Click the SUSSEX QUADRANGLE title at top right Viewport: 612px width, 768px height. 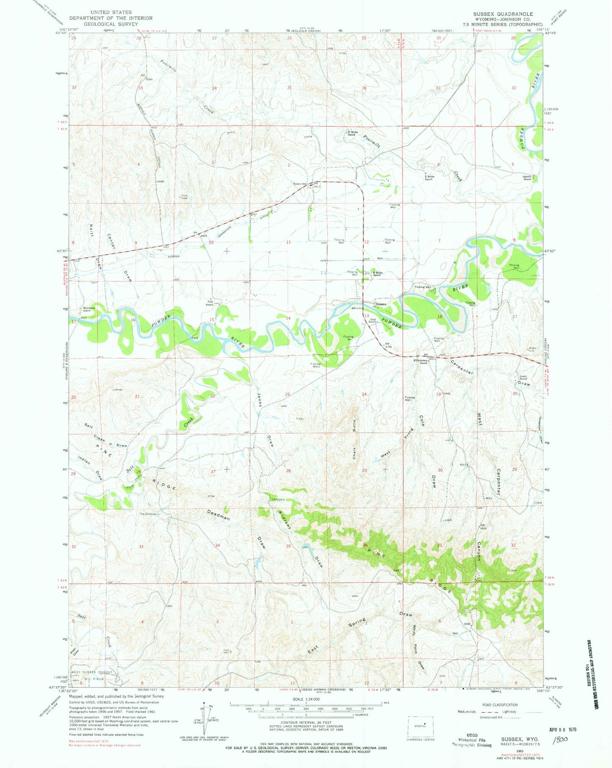(503, 14)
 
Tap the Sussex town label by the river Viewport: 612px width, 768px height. (381, 304)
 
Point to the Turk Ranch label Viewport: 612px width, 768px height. (373, 321)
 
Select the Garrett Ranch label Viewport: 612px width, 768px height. (527, 178)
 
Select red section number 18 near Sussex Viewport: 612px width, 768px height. (439, 317)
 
